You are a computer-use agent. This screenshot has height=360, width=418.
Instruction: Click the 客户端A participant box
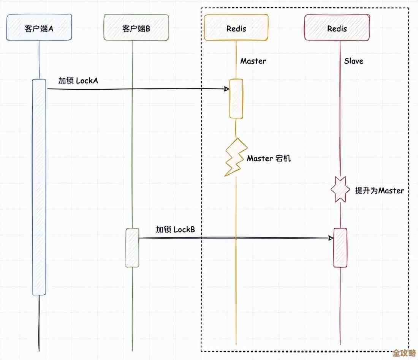[x=39, y=27]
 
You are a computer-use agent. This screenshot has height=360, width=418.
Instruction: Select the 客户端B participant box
[x=136, y=27]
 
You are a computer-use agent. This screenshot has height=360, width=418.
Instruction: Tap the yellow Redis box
[x=236, y=27]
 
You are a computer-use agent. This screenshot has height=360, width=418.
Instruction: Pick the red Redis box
[x=337, y=27]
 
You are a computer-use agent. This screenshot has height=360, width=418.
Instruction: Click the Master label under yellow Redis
[x=253, y=61]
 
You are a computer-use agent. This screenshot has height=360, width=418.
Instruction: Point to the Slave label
[x=354, y=61]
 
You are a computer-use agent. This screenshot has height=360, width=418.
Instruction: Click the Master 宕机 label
[x=269, y=158]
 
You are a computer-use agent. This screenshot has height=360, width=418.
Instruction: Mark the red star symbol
[x=340, y=189]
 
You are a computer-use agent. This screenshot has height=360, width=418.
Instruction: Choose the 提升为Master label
[x=379, y=191]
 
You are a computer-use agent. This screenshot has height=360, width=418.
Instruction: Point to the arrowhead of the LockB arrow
[x=331, y=238]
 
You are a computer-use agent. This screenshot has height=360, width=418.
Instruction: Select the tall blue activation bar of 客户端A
[x=39, y=186]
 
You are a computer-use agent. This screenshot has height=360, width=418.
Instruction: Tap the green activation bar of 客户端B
[x=132, y=247]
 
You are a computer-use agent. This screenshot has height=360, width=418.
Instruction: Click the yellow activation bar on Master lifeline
[x=236, y=98]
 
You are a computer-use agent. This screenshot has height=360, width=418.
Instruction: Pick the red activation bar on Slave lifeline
[x=340, y=248]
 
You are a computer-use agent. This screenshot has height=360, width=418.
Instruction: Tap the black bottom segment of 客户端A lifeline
[x=39, y=323]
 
